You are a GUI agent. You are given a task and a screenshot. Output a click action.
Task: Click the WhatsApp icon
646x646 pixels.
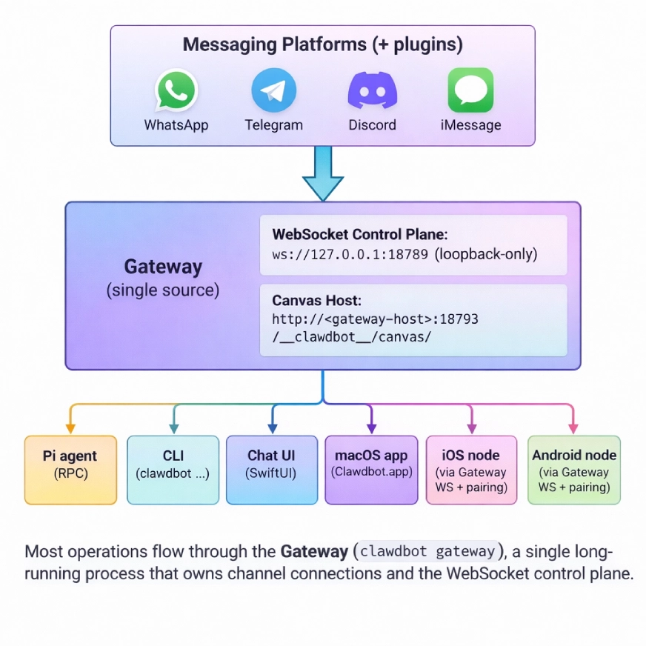pos(176,90)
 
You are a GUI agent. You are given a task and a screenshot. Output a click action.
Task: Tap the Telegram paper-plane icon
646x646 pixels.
pos(273,90)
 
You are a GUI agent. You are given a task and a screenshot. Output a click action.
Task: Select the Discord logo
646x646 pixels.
pos(372,90)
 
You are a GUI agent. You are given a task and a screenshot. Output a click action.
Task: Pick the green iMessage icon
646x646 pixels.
pos(470,90)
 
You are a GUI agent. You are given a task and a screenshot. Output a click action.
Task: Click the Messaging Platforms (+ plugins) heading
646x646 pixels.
pos(322,44)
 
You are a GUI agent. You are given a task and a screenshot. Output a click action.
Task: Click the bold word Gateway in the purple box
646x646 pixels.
pos(162,267)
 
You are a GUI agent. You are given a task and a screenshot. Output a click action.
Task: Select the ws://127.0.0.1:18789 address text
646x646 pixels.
pos(350,254)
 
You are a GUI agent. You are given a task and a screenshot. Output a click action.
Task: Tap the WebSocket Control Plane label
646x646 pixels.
pos(360,234)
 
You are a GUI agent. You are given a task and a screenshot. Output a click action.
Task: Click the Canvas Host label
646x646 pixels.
pos(316,301)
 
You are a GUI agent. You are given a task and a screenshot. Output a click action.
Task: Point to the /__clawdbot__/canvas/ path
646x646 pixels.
pos(352,337)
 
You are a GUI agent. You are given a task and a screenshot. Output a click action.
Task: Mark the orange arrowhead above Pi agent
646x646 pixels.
pos(70,428)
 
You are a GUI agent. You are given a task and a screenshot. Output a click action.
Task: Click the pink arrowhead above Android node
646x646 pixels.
pos(573,428)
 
